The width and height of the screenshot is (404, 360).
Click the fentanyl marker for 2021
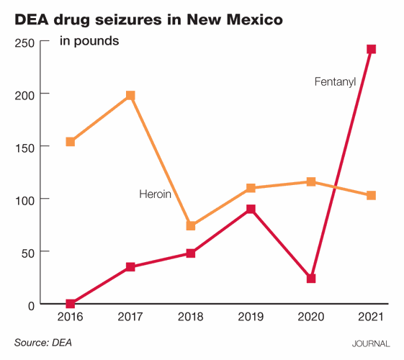coord(371,49)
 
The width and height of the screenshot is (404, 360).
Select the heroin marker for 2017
coord(130,96)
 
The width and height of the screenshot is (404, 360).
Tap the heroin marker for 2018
coord(191,225)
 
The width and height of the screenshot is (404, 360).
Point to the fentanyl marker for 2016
coord(70,304)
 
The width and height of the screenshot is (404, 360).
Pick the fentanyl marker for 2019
coord(251,210)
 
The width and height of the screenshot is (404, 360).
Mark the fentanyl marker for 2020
coord(311,278)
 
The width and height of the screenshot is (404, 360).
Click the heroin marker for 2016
coord(70,142)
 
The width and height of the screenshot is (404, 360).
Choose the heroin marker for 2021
coord(371,195)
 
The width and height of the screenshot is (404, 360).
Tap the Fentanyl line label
coord(335,81)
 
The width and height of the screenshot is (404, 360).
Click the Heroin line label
coord(155,194)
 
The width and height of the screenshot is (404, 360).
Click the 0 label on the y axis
coord(30,305)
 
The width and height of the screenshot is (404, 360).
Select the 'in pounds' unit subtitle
coord(89,40)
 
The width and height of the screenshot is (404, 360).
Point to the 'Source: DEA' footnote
coord(43,343)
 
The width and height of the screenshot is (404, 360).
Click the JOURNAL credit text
coord(370,344)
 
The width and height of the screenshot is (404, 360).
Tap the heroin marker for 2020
coord(311,182)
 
